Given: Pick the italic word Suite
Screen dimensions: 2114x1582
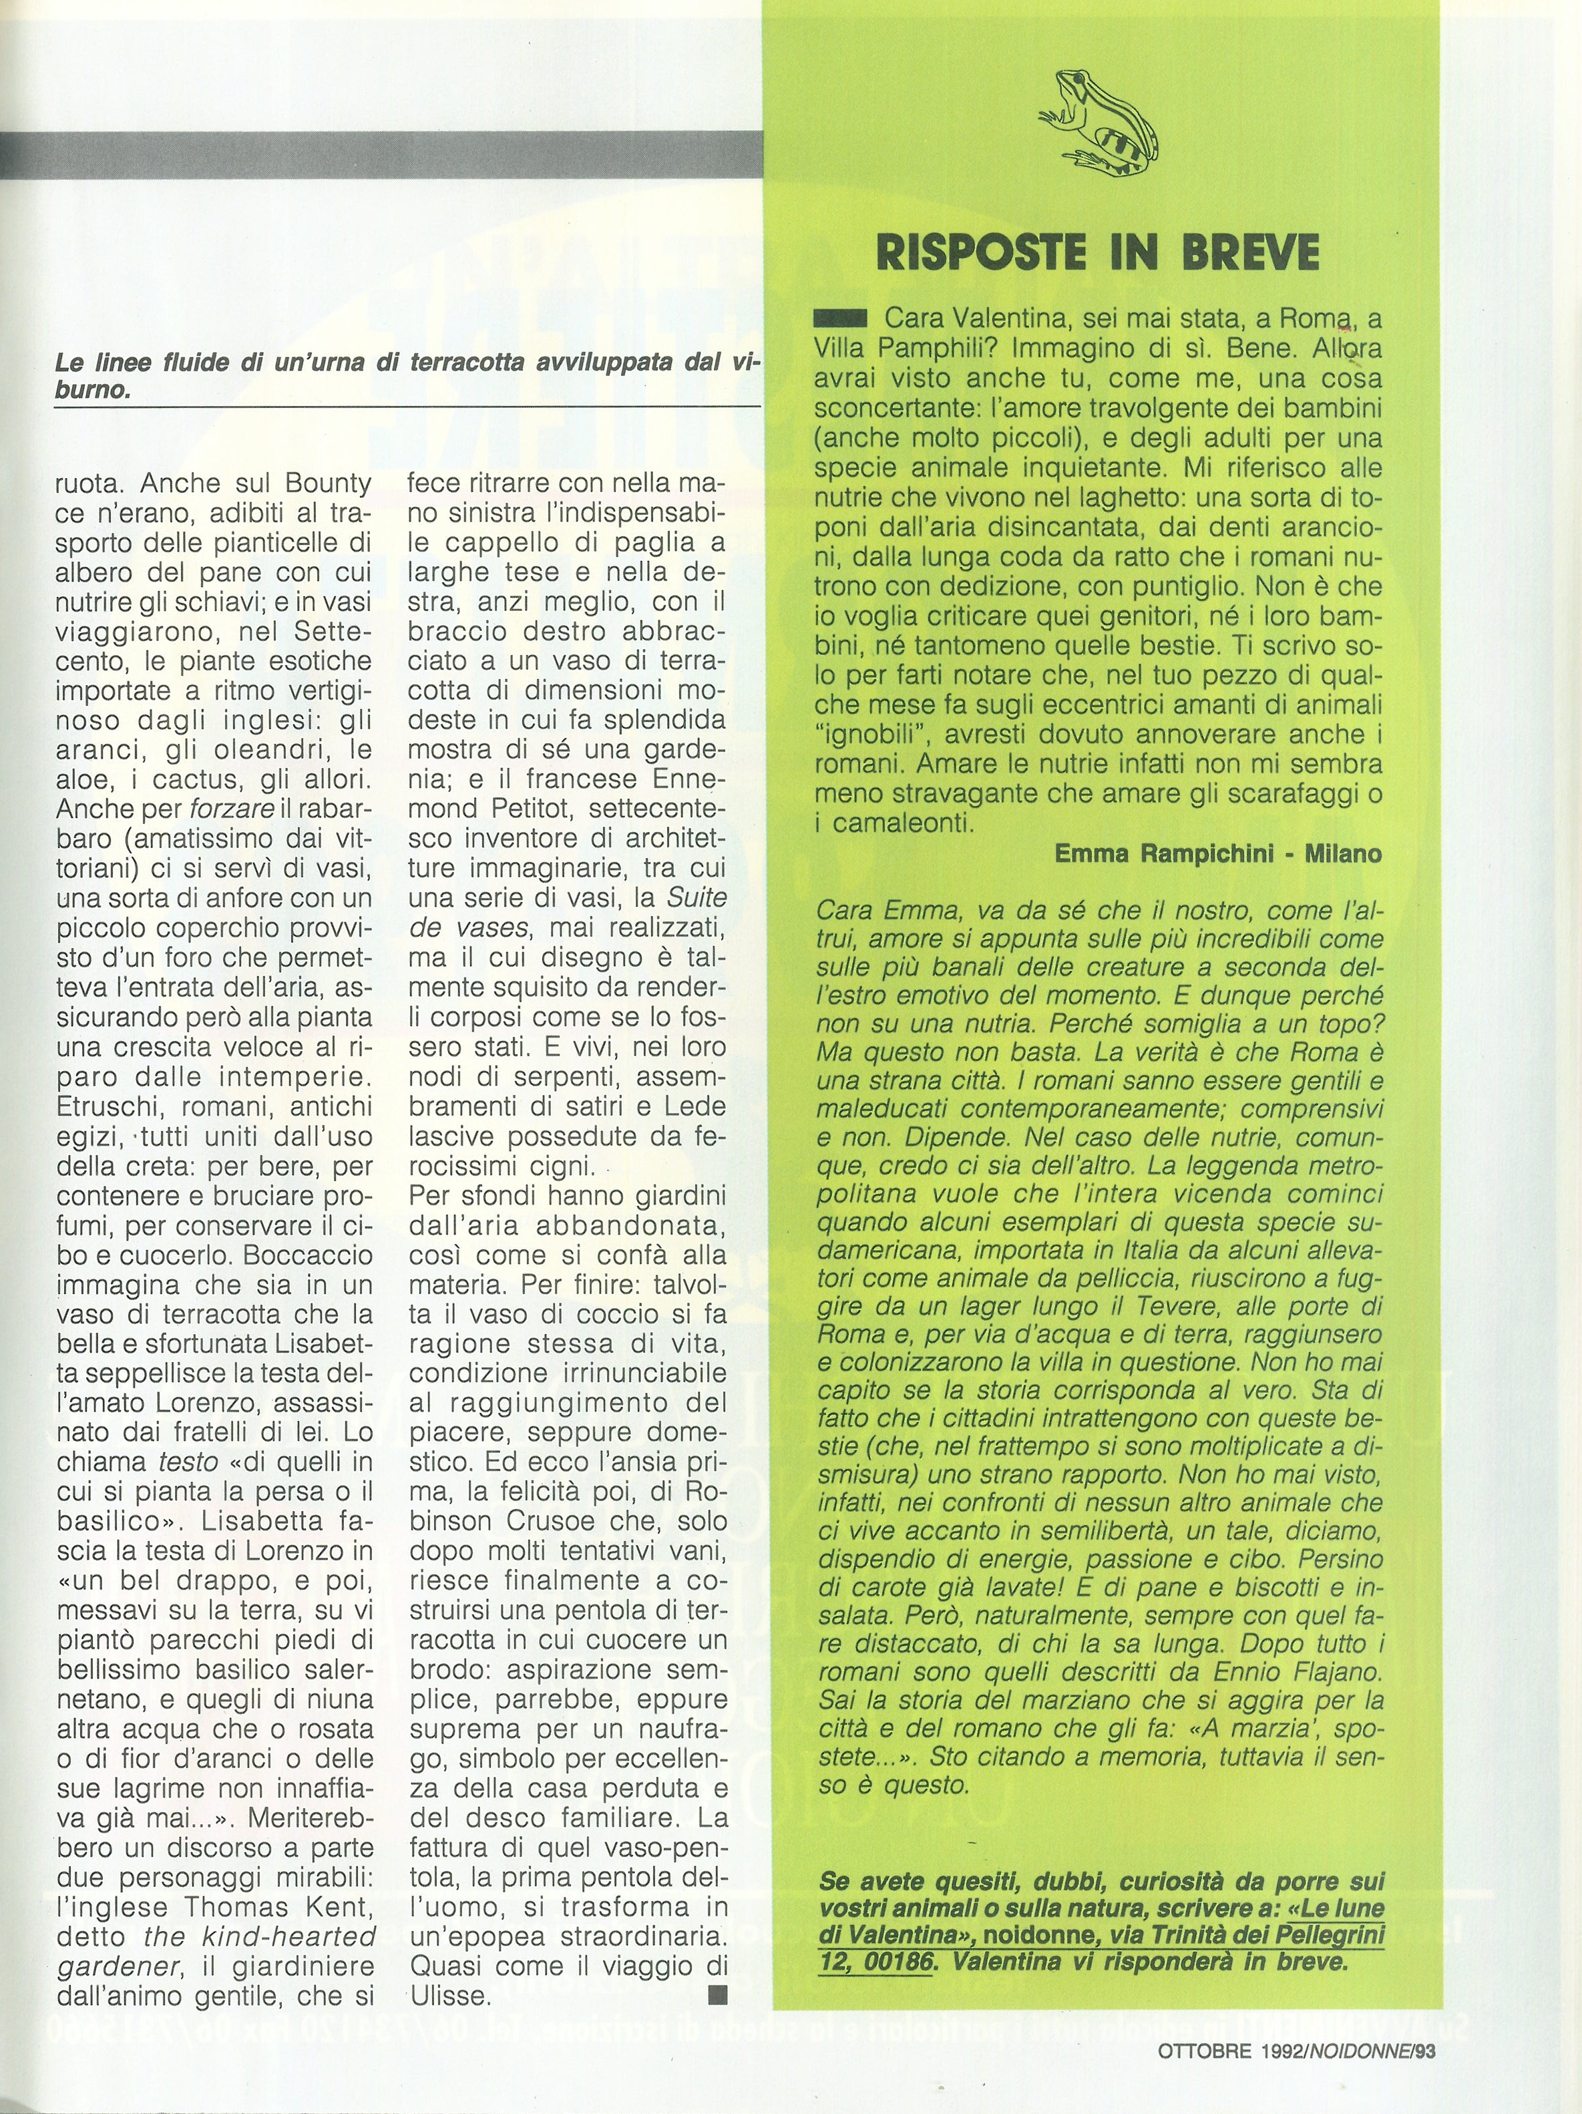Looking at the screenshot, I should click(695, 898).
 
